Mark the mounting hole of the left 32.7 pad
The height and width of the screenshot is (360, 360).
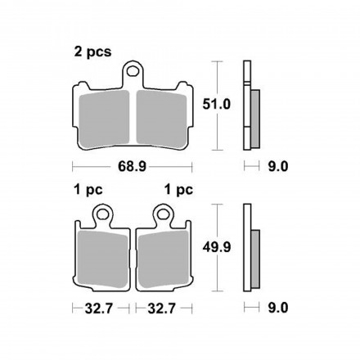tap(104, 216)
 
